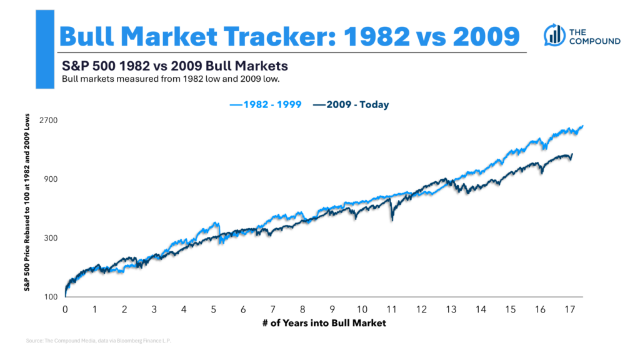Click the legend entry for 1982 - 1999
click(x=266, y=105)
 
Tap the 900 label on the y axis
click(x=51, y=179)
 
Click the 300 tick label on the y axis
click(x=51, y=238)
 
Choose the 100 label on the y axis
click(x=51, y=297)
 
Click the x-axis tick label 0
click(x=65, y=309)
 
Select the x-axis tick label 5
click(x=213, y=309)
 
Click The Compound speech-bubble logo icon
click(x=554, y=34)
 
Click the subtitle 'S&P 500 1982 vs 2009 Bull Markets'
click(x=174, y=66)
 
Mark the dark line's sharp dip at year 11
click(x=392, y=219)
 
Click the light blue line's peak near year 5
click(x=216, y=223)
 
